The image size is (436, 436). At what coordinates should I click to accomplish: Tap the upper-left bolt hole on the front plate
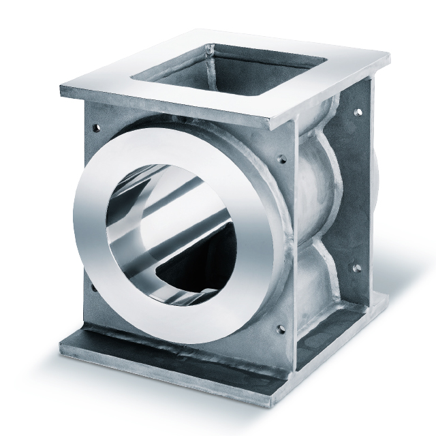(x=92, y=127)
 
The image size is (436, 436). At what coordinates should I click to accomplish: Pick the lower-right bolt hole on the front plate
(x=277, y=332)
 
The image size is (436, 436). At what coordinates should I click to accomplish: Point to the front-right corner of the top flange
(x=272, y=127)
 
